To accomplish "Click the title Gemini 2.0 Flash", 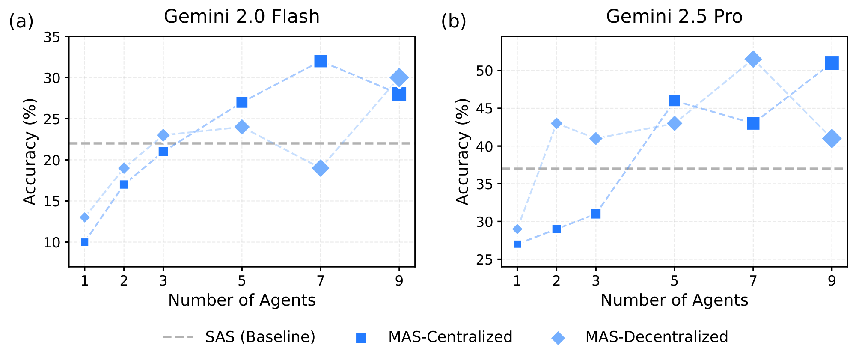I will (241, 17).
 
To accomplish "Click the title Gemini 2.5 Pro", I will (674, 17).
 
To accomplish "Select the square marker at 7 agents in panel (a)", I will (321, 61).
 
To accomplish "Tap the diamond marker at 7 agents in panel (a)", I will (321, 168).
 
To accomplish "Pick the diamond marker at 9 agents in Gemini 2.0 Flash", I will (399, 78).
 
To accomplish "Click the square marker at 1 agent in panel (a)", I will (85, 242).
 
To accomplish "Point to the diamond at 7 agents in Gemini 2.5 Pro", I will (753, 60).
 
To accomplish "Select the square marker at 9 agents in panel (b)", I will (832, 63).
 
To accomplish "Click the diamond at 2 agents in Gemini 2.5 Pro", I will (556, 124).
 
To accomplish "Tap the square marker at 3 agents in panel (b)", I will (596, 214).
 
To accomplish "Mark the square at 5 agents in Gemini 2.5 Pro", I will (675, 101).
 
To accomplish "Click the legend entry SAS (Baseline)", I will (260, 337).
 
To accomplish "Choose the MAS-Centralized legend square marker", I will (361, 338).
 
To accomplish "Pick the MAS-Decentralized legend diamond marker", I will (558, 338).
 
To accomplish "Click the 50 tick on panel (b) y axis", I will (485, 71).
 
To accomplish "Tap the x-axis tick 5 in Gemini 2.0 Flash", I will (242, 281).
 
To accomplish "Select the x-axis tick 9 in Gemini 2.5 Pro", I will (832, 281).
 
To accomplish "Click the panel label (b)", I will (453, 21).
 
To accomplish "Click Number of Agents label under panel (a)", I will (242, 300).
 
